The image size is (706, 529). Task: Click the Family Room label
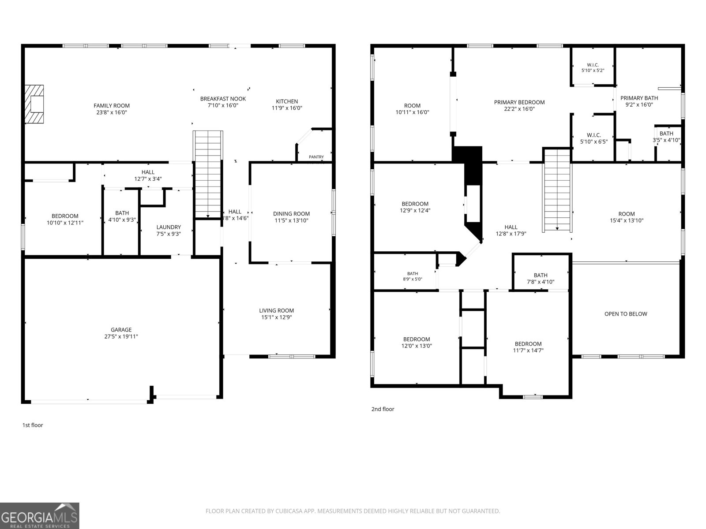click(x=112, y=106)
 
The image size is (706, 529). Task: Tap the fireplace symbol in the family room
click(x=34, y=104)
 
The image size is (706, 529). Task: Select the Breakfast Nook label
click(x=223, y=99)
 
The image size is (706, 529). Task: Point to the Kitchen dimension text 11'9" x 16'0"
click(x=287, y=108)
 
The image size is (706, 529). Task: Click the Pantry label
click(x=316, y=157)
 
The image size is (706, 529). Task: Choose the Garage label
click(x=121, y=330)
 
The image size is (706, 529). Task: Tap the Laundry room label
click(x=169, y=227)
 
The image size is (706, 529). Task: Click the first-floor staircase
click(x=208, y=175)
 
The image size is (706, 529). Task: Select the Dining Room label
click(x=291, y=214)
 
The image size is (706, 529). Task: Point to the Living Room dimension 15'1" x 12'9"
click(x=277, y=317)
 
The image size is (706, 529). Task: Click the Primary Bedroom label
click(x=519, y=102)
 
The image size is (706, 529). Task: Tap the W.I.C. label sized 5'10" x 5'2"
click(x=593, y=65)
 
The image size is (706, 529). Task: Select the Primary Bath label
click(x=639, y=98)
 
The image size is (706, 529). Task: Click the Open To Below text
click(x=626, y=314)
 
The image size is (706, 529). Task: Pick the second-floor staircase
click(x=557, y=190)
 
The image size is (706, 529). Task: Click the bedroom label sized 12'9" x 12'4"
click(x=415, y=204)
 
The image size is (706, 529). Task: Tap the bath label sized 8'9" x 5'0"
click(x=413, y=274)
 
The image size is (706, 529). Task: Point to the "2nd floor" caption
click(x=383, y=409)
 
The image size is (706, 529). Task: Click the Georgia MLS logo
click(x=40, y=515)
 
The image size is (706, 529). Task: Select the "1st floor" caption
click(x=33, y=425)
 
